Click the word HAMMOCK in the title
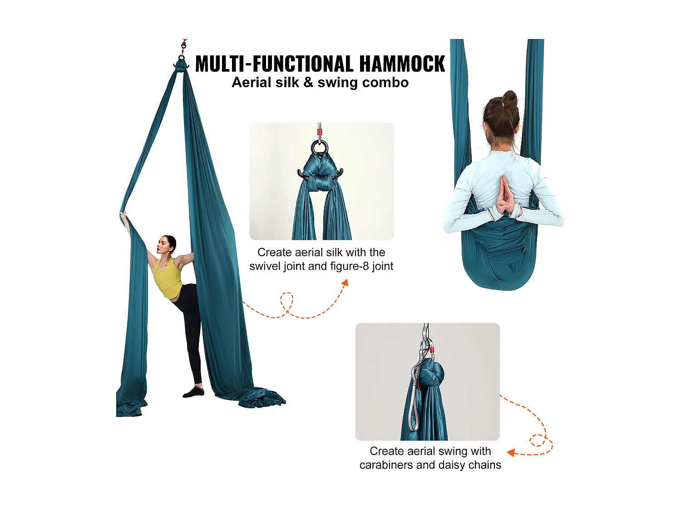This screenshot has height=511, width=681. click(x=402, y=64)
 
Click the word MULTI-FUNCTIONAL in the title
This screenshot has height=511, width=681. click(x=274, y=64)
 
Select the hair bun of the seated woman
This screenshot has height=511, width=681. click(x=509, y=98)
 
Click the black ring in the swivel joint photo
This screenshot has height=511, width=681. click(x=320, y=147)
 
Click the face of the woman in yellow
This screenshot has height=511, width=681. click(x=164, y=246)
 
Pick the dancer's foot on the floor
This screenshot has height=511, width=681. click(x=193, y=392)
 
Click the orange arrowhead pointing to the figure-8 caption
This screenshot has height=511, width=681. click(x=345, y=283)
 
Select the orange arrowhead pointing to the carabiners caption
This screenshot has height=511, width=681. click(x=511, y=452)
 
